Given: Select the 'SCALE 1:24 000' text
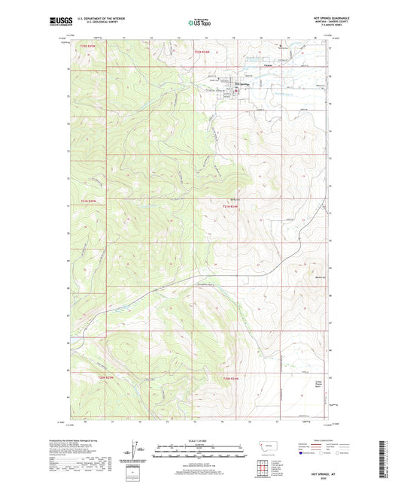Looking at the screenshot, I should (199, 440).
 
